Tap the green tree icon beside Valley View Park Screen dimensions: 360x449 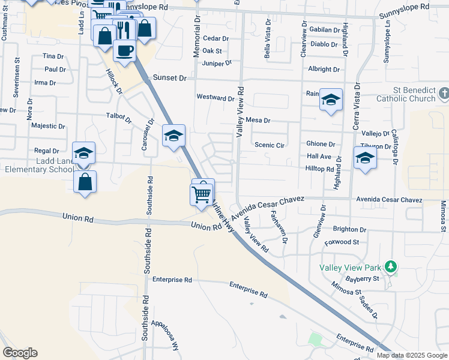point(391,265)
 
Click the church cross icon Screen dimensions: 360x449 point(444,94)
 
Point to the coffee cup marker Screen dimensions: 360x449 point(125,50)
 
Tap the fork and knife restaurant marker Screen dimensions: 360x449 point(123,29)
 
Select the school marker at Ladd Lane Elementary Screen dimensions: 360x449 point(84,153)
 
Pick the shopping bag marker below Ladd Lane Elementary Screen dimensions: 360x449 point(85,181)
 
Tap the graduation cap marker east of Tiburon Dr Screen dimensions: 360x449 point(364,158)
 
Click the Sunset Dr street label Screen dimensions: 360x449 point(170,78)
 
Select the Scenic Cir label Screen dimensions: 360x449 point(269,145)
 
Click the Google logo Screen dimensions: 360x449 point(20,353)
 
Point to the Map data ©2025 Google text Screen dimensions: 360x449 point(412,355)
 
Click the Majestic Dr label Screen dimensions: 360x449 point(48,126)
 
